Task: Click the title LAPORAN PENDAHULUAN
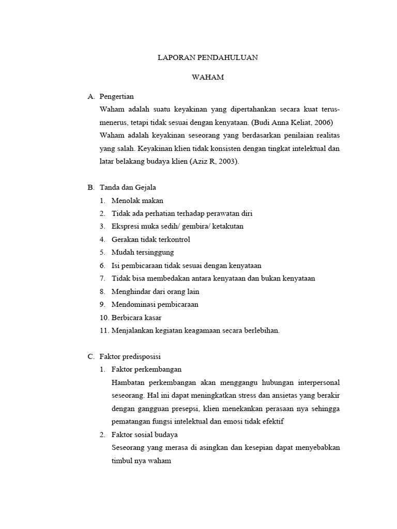click(207, 58)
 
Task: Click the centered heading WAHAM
click(207, 77)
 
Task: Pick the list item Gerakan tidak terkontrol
click(151, 239)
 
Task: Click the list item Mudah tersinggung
click(143, 252)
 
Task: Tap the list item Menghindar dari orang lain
click(156, 291)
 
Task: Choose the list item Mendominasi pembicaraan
click(155, 304)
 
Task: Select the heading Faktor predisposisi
click(131, 356)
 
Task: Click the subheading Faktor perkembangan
click(146, 369)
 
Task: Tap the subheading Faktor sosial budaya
click(145, 434)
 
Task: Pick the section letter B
click(91, 187)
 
